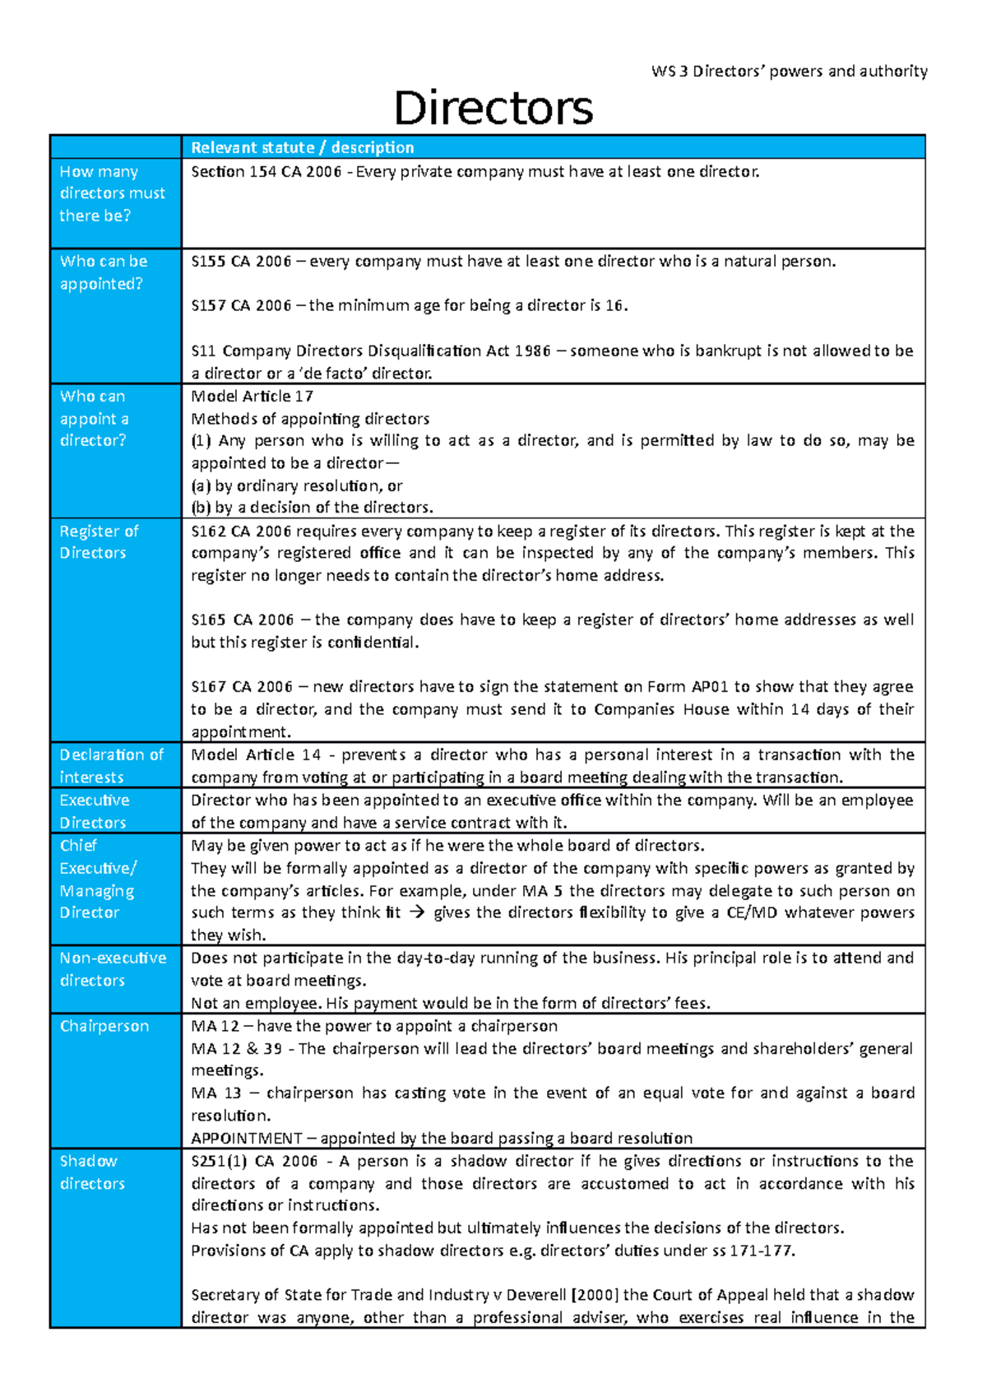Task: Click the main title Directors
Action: pyautogui.click(x=493, y=108)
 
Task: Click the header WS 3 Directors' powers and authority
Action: pyautogui.click(x=789, y=71)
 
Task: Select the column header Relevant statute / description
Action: pyautogui.click(x=302, y=147)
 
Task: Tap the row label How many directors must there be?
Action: pyautogui.click(x=112, y=193)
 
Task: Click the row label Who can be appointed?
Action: pyautogui.click(x=103, y=272)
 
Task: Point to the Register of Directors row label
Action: pyautogui.click(x=98, y=542)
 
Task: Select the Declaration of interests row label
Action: pyautogui.click(x=111, y=765)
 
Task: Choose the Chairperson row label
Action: pyautogui.click(x=104, y=1026)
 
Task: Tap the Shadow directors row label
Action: pyautogui.click(x=91, y=1172)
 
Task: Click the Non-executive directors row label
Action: pyautogui.click(x=112, y=968)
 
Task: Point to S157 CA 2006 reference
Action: pyautogui.click(x=241, y=306)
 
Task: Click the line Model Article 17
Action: pyautogui.click(x=252, y=396)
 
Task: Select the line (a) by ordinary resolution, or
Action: pyautogui.click(x=296, y=485)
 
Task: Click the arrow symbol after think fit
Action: pyautogui.click(x=417, y=912)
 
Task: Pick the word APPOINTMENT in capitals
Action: pyautogui.click(x=246, y=1138)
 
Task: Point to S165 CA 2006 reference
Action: pyautogui.click(x=242, y=620)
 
